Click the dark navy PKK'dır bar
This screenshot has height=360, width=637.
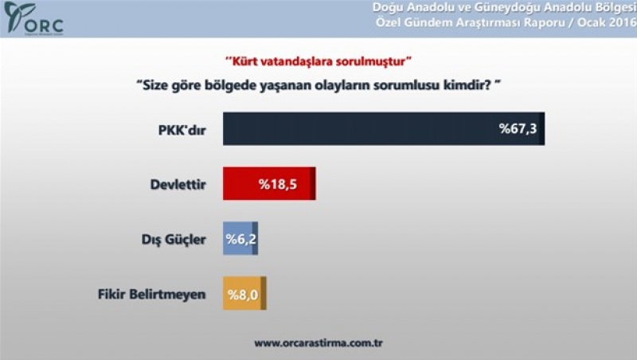[x=384, y=129]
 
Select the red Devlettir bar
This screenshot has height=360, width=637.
[x=269, y=183]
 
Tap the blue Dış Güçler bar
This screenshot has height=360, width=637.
[x=240, y=238]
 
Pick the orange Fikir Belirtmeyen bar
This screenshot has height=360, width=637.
[x=244, y=293]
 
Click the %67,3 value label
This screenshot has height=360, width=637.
[x=518, y=129]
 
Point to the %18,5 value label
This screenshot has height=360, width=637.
[x=278, y=185]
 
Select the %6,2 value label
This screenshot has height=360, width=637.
[x=241, y=239]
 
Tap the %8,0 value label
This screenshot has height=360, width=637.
[x=243, y=295]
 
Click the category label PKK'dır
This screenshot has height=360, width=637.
[x=182, y=131]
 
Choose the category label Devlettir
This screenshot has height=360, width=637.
[x=178, y=185]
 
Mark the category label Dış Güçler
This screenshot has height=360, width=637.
[x=174, y=240]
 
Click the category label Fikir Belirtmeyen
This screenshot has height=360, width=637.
[x=151, y=294]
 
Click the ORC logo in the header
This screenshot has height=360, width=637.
[x=33, y=18]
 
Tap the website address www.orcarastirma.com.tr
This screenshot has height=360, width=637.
[x=318, y=343]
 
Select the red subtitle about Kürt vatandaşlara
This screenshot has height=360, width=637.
[x=318, y=61]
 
